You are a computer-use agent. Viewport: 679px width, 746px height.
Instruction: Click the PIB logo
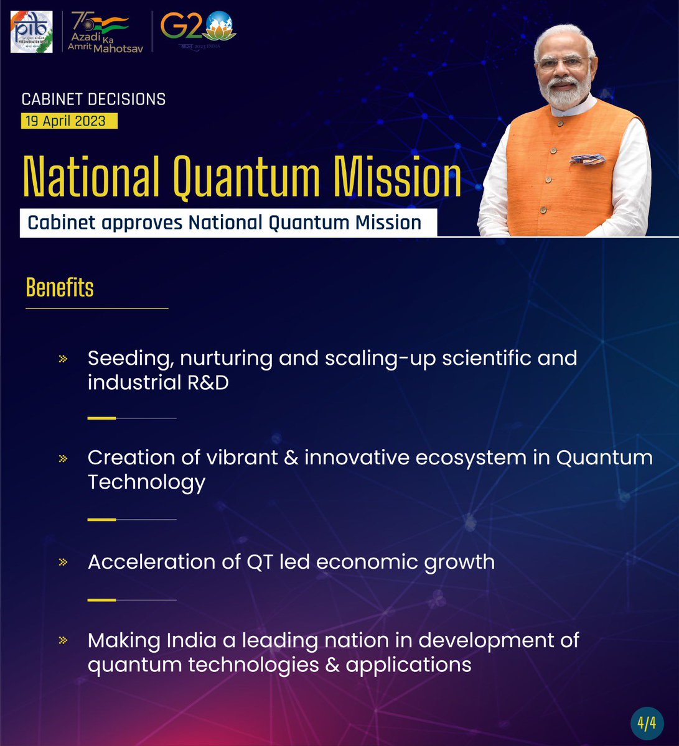point(31,31)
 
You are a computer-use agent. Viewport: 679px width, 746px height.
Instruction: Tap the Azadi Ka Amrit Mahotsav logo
point(100,32)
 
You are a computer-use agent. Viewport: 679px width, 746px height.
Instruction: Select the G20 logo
point(198,30)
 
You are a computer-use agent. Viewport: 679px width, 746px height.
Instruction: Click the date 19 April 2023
point(69,121)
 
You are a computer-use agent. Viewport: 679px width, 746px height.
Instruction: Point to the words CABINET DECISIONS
point(93,99)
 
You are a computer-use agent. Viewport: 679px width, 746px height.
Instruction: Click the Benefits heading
point(60,288)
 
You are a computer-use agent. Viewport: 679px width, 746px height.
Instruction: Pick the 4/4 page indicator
point(647,723)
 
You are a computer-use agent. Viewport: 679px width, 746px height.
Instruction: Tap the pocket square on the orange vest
point(587,159)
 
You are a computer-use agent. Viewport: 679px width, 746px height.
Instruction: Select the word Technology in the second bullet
point(146,482)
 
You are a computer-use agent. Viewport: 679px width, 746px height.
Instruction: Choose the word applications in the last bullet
point(408,665)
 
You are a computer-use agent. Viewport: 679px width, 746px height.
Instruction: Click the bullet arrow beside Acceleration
point(63,563)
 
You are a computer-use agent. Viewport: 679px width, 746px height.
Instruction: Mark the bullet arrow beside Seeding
point(63,359)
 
